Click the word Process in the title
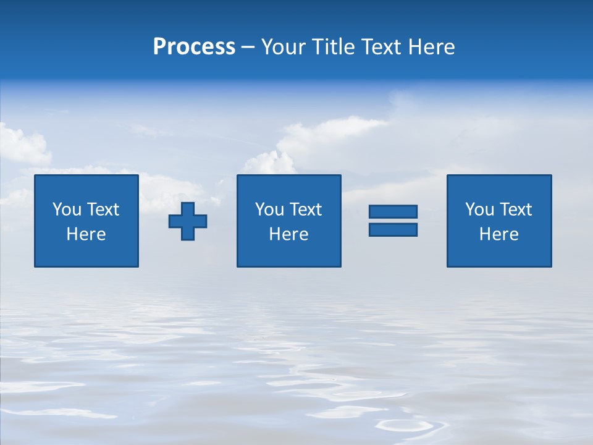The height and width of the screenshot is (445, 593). (194, 47)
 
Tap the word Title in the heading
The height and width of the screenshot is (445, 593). (334, 47)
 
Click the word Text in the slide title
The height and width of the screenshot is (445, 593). (382, 47)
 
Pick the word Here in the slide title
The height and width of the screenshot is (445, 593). (431, 47)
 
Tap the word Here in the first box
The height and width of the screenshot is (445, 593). (86, 234)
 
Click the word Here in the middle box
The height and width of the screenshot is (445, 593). (288, 234)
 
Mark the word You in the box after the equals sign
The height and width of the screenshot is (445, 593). (479, 210)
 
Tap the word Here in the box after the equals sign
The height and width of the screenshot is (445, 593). (498, 234)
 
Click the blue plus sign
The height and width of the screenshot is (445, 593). (188, 221)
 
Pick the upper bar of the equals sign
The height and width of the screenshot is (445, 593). (393, 212)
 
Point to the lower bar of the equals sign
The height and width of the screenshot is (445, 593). (393, 229)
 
